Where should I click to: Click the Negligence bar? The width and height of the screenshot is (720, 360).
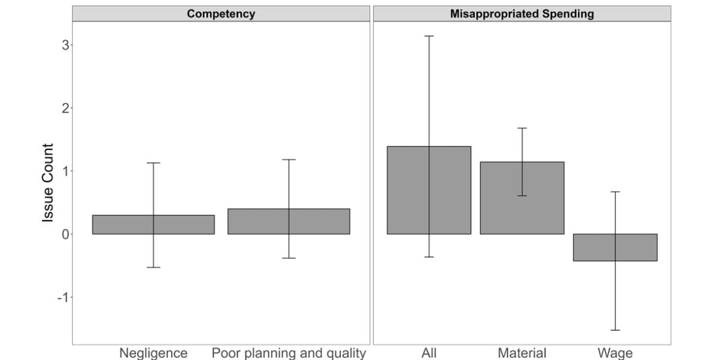pyautogui.click(x=120, y=224)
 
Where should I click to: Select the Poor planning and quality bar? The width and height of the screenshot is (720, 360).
pyautogui.click(x=258, y=221)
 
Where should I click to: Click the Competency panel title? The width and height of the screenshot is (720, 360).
pyautogui.click(x=221, y=14)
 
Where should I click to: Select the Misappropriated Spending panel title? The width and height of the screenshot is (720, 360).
pyautogui.click(x=522, y=14)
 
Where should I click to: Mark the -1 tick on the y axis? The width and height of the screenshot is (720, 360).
pyautogui.click(x=62, y=297)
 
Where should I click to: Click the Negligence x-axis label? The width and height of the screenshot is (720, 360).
pyautogui.click(x=154, y=353)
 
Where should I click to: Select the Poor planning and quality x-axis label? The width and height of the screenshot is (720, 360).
pyautogui.click(x=289, y=353)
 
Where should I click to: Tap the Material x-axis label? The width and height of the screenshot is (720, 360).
pyautogui.click(x=522, y=353)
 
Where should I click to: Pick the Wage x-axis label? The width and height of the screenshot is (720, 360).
pyautogui.click(x=615, y=353)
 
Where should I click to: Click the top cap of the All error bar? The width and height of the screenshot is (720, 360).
pyautogui.click(x=429, y=36)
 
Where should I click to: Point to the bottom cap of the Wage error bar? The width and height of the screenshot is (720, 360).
pyautogui.click(x=615, y=330)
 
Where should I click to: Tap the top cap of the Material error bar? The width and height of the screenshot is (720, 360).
pyautogui.click(x=522, y=128)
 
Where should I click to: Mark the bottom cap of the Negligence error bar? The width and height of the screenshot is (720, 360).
pyautogui.click(x=154, y=267)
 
